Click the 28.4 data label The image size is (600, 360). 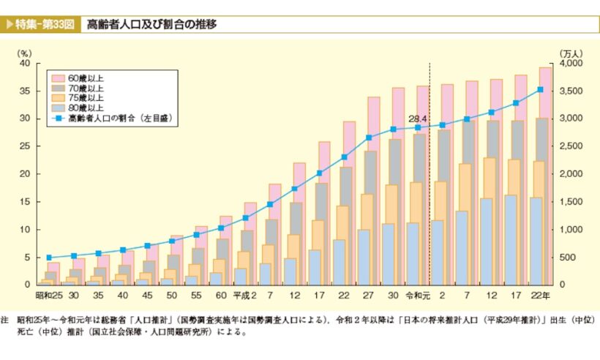click(419, 118)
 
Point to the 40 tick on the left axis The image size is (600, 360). click(24, 64)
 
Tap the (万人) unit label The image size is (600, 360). click(570, 53)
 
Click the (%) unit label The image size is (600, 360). click(26, 53)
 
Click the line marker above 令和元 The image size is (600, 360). click(418, 127)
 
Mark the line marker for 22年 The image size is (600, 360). click(540, 89)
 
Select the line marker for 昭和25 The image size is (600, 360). click(49, 258)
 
